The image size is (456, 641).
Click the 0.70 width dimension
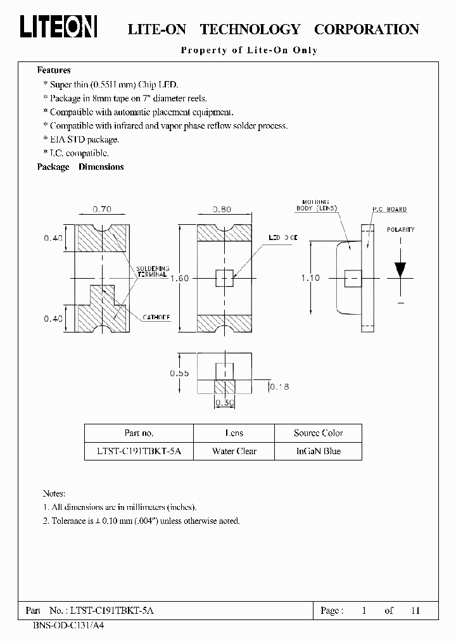click(x=103, y=208)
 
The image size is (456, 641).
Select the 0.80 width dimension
click(x=221, y=208)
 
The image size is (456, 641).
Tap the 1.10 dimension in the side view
click(x=310, y=277)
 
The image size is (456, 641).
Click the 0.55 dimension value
click(x=179, y=373)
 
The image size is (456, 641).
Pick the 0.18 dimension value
click(x=279, y=386)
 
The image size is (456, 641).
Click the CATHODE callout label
click(x=155, y=317)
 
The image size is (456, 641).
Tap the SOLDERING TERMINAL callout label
click(x=150, y=271)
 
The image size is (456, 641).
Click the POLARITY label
click(x=400, y=229)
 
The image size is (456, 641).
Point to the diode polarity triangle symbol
click(x=400, y=269)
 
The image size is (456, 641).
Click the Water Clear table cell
click(x=234, y=451)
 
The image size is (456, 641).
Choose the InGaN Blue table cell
click(x=318, y=451)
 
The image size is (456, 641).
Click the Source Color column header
click(x=318, y=433)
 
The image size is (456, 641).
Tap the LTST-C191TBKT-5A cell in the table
click(x=139, y=451)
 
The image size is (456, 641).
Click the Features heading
click(x=54, y=70)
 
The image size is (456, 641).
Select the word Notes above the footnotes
click(x=54, y=493)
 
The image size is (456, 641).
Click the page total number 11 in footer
click(x=415, y=611)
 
